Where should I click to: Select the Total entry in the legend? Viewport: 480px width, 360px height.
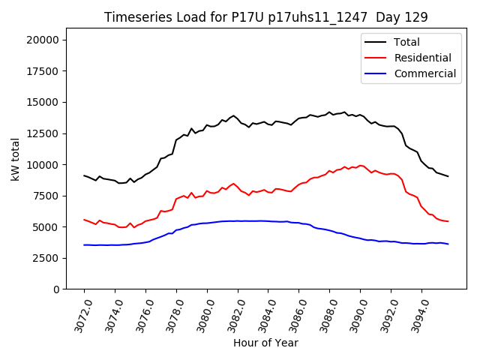tap(406, 42)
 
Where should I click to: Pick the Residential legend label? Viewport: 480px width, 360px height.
tap(422, 58)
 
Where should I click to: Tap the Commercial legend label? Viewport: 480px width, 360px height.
tap(424, 73)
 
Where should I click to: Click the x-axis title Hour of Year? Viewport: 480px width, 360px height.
tap(265, 343)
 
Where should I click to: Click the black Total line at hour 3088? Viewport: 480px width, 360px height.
tap(329, 112)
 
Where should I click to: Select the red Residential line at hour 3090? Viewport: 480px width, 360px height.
tap(360, 166)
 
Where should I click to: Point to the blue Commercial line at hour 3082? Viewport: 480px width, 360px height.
tap(238, 221)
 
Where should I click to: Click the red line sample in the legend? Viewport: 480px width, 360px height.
tap(375, 58)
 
